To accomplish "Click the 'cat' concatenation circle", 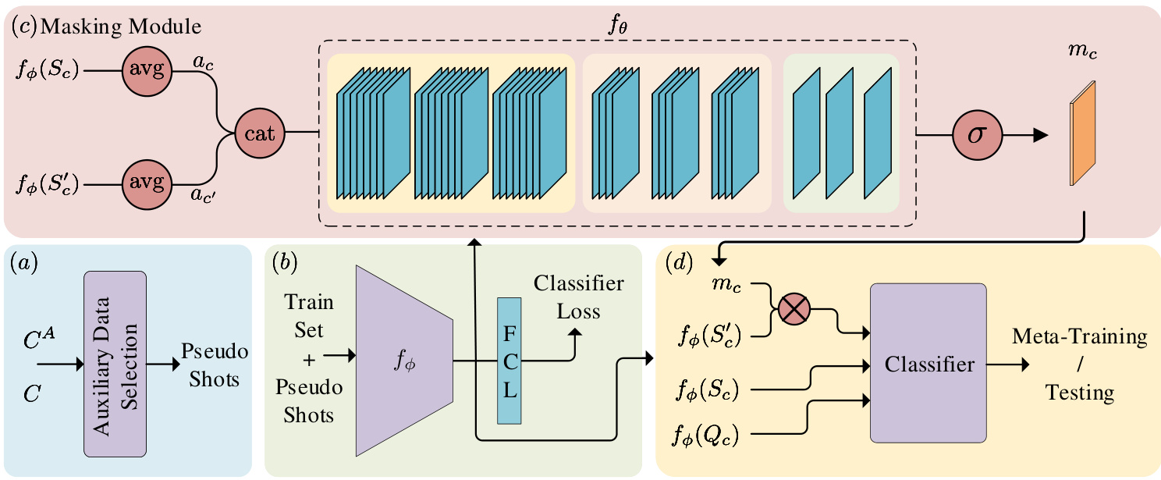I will pos(260,133).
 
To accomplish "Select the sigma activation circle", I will pos(976,133).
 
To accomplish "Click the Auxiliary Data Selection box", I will pos(114,363).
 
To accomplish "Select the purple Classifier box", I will pos(928,364).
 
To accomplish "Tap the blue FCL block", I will pos(509,361).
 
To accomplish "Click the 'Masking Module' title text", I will pos(120,27).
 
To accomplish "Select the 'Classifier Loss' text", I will pos(578,297).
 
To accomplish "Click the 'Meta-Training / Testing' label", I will pos(1079,364).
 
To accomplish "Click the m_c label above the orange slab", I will pos(1081,51).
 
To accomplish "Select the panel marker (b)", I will pos(285,263).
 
